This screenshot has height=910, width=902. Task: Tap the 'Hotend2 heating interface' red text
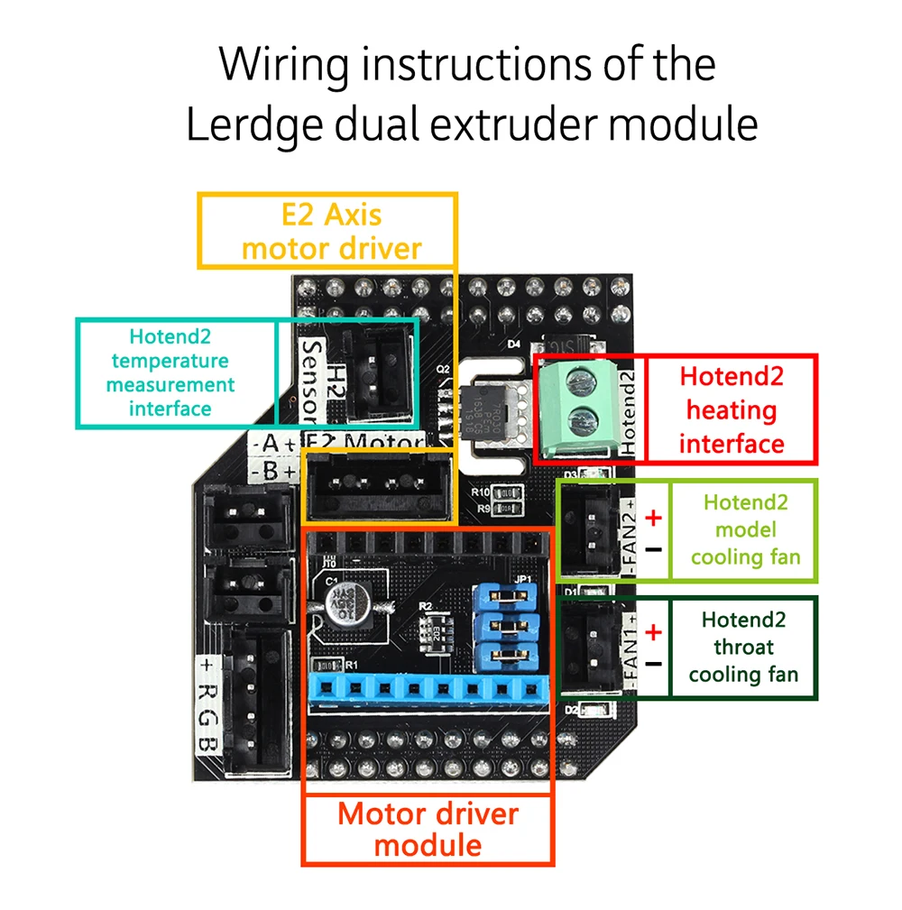[x=731, y=409]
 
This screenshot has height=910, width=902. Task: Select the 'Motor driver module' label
[x=428, y=829]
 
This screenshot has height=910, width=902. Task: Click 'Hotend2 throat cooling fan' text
[x=742, y=648]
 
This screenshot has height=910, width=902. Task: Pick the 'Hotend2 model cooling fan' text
[x=745, y=529]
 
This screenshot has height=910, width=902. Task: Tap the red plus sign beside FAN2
[x=654, y=518]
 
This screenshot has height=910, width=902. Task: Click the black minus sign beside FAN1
[x=654, y=664]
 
